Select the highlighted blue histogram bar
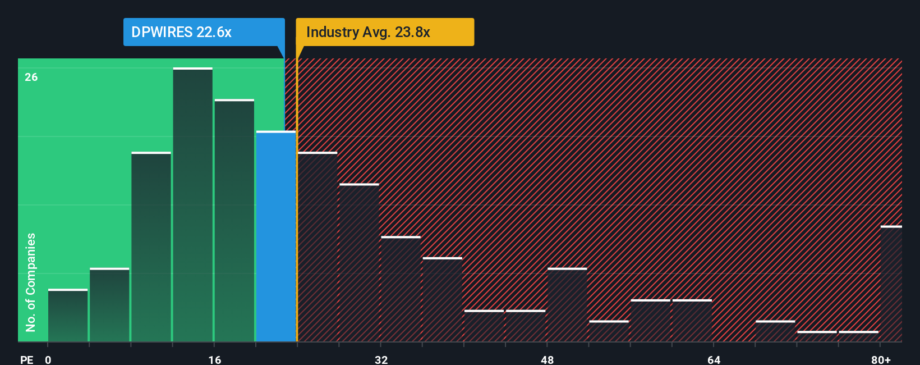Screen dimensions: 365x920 tap(276, 236)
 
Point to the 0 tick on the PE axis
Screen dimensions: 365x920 tap(48, 359)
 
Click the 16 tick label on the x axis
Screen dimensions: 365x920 tap(215, 359)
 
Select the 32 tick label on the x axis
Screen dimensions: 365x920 tap(381, 359)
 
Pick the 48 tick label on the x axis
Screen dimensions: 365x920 tap(548, 359)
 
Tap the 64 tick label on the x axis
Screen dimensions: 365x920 tap(714, 359)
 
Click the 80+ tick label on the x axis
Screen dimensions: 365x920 tap(881, 359)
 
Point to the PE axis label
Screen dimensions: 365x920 tap(26, 359)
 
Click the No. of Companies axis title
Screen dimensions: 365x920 tap(31, 282)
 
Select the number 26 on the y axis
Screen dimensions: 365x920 tap(31, 77)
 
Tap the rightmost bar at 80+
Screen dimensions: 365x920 tap(891, 284)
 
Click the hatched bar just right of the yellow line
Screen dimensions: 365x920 tap(318, 247)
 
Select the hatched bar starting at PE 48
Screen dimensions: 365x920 tap(567, 305)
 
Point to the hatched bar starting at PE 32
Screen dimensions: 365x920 tap(401, 289)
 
